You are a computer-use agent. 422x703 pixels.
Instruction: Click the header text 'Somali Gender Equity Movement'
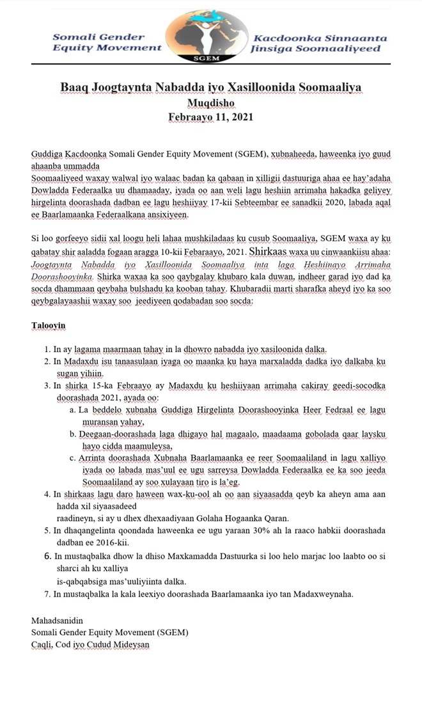[x=107, y=42]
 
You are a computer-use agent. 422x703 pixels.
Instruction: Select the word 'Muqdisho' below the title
[x=211, y=103]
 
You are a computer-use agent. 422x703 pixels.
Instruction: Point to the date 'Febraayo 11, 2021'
[x=211, y=117]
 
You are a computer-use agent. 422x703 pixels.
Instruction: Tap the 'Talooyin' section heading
[x=49, y=325]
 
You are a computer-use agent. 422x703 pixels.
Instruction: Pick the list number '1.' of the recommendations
[x=47, y=349]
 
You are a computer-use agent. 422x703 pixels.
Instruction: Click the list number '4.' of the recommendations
[x=47, y=493]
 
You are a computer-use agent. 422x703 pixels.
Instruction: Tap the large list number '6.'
[x=49, y=556]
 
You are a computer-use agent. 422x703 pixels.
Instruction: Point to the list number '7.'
[x=47, y=594]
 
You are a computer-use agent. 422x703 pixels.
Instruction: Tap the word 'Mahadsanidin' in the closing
[x=57, y=621]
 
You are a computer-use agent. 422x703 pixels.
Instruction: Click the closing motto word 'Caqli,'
[x=44, y=645]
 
